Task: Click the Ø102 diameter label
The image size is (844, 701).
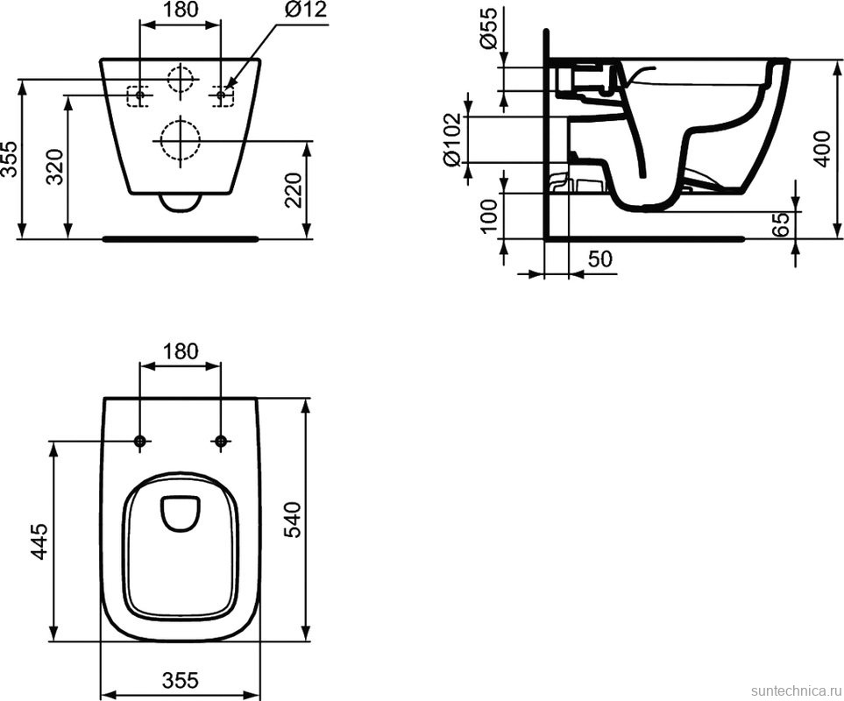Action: [452, 138]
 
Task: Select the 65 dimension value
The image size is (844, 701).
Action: [782, 223]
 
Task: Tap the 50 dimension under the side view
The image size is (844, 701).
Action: [599, 259]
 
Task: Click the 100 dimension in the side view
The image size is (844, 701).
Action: [489, 216]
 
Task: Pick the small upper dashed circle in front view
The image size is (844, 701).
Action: [180, 80]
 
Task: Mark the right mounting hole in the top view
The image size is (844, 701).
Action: [222, 441]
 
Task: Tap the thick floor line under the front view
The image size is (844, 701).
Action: [181, 237]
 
